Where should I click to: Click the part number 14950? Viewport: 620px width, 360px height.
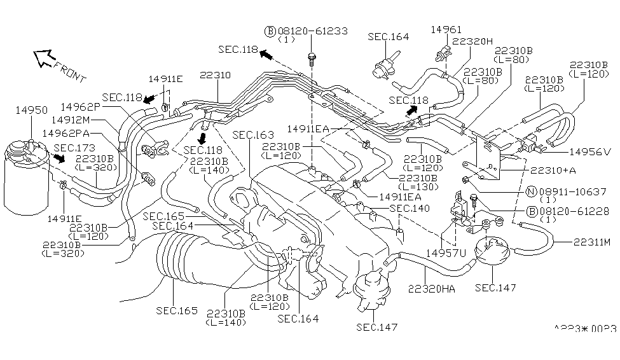click(31, 110)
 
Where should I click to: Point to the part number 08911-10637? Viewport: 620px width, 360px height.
click(566, 191)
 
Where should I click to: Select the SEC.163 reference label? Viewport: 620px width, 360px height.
click(252, 135)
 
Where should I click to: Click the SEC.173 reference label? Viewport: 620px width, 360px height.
click(74, 148)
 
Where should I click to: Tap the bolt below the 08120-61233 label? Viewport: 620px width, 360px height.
click(312, 59)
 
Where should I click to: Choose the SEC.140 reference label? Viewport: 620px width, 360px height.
click(410, 208)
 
